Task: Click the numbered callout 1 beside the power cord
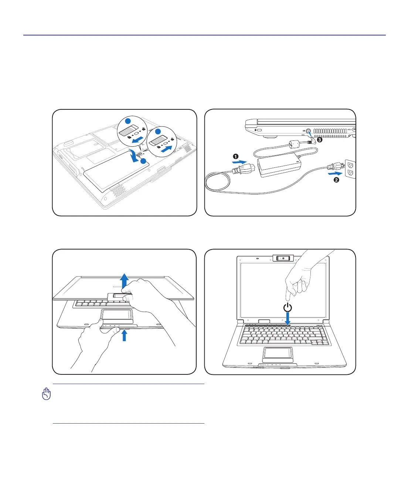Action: tap(236, 156)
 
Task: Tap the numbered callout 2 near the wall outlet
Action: tap(336, 180)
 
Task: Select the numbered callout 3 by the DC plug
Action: tap(320, 140)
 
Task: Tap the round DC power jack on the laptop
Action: tap(308, 131)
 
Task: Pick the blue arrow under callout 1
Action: tap(239, 162)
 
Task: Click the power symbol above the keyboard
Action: tap(288, 307)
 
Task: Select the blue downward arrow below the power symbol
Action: tap(288, 319)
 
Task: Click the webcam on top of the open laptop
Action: tap(283, 258)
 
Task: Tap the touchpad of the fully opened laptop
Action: tap(278, 353)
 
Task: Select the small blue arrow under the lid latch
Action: tap(125, 335)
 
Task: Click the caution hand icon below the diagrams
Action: tap(46, 394)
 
